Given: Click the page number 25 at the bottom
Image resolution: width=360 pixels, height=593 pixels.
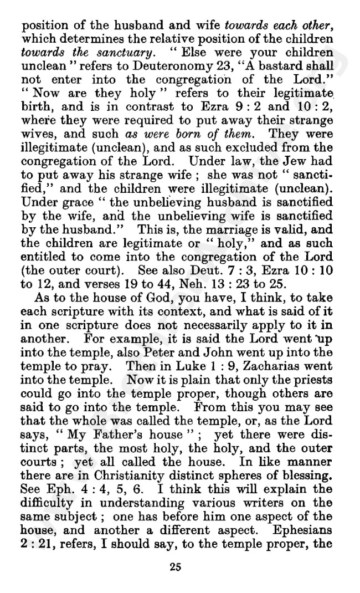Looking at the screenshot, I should tap(179, 566).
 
